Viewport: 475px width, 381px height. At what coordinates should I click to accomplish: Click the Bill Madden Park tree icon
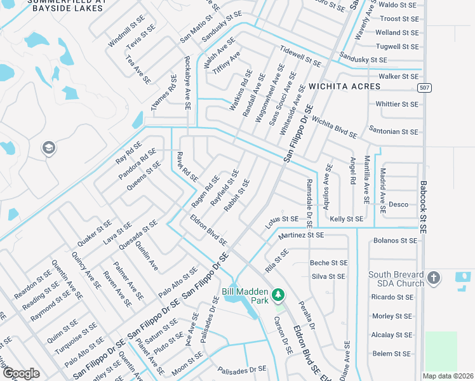point(278,295)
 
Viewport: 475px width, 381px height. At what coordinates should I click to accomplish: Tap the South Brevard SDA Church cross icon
point(434,277)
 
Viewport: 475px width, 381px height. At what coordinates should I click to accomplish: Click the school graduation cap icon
point(48,149)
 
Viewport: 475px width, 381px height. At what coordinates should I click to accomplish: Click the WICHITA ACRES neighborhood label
point(343,86)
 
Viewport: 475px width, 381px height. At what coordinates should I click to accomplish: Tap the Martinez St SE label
point(300,235)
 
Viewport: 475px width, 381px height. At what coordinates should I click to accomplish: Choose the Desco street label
point(398,204)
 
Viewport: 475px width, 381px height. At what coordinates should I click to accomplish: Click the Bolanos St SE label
point(396,241)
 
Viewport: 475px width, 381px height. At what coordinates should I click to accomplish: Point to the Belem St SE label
point(391,354)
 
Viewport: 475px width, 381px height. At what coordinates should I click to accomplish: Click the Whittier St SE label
point(397,104)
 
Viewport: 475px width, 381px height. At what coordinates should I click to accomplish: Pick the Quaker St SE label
point(94,233)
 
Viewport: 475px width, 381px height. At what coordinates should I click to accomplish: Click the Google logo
point(21,373)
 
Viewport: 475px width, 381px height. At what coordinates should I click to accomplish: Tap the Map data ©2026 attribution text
point(448,376)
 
